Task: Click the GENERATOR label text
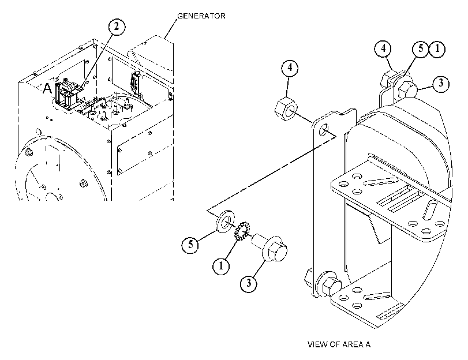[201, 16]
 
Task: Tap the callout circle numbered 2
[117, 27]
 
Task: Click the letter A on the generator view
[47, 88]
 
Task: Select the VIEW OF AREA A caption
[339, 344]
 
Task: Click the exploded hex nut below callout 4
[286, 110]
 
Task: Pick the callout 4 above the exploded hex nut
[290, 68]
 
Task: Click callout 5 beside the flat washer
[190, 245]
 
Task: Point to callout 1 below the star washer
[221, 265]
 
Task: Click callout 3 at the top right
[441, 83]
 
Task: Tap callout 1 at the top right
[437, 49]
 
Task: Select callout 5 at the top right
[421, 48]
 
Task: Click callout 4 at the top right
[383, 48]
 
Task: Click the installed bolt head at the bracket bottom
[331, 286]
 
